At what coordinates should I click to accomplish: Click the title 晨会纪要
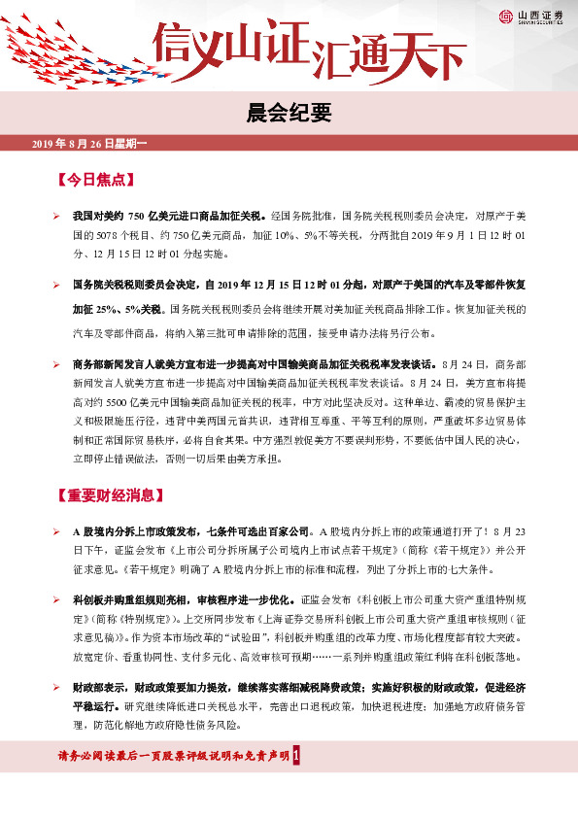tap(289, 111)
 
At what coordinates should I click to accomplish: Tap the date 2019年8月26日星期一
tap(87, 144)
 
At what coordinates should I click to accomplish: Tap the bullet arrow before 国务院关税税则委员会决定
tap(56, 286)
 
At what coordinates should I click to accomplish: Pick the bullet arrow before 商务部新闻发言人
tap(56, 363)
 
